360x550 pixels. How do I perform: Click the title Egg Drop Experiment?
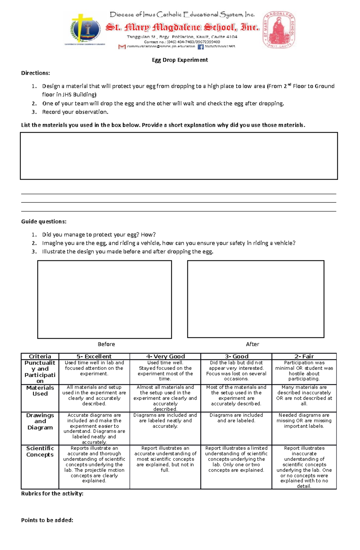click(180, 60)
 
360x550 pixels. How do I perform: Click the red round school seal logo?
click(279, 30)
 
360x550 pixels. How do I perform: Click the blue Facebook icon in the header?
click(200, 47)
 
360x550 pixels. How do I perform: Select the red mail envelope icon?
click(122, 47)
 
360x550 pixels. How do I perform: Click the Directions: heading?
click(35, 73)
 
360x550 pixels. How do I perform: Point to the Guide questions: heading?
click(43, 221)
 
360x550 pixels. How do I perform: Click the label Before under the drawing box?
click(106, 344)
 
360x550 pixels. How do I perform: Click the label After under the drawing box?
click(252, 344)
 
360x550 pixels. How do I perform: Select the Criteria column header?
click(40, 356)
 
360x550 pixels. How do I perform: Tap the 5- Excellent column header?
click(94, 356)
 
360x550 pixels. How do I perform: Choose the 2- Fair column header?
click(304, 356)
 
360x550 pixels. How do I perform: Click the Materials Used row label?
click(40, 391)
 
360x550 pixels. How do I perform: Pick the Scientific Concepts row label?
click(40, 451)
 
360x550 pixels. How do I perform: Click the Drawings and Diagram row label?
click(40, 421)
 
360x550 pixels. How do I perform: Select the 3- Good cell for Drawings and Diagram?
click(236, 418)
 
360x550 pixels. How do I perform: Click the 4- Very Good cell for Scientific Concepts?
click(165, 459)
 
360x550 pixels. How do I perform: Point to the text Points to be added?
click(47, 520)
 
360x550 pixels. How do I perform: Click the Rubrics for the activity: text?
click(52, 493)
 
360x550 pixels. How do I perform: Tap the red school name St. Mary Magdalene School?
click(182, 28)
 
